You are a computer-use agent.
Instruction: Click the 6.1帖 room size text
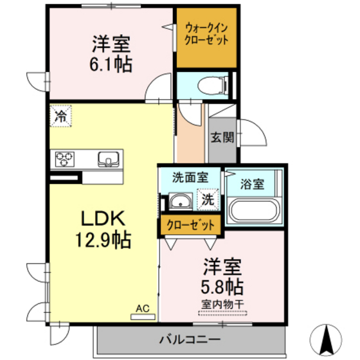coord(111,64)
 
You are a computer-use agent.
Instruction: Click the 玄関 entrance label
coord(222,136)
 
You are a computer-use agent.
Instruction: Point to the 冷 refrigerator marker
coord(60,117)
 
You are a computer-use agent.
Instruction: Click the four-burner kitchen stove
coord(66,158)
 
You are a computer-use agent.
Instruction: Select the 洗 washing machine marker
coord(207,199)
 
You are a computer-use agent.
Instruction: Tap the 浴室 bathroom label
coord(252,184)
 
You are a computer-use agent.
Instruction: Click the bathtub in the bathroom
coord(253,212)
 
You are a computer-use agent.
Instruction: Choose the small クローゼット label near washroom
coord(190,225)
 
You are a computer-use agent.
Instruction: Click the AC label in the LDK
coord(143,309)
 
